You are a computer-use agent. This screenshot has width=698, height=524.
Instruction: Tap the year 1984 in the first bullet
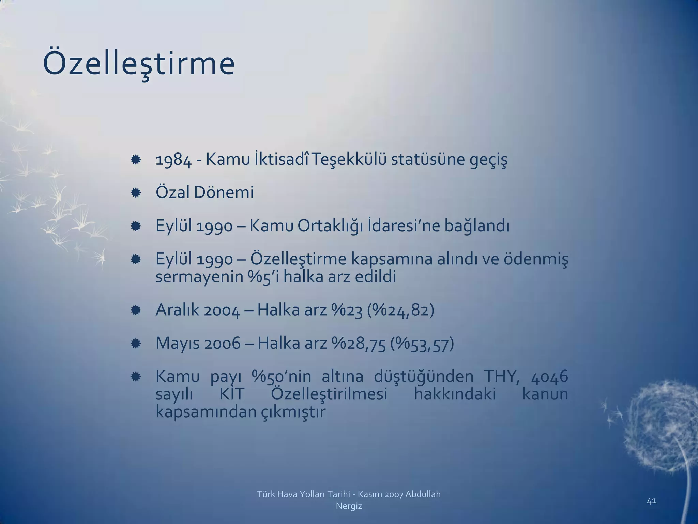tap(173, 160)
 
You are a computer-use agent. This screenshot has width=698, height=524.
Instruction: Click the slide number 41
tap(651, 501)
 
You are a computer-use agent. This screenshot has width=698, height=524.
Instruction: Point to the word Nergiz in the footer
tap(349, 506)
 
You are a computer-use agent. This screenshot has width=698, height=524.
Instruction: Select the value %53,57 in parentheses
tap(422, 344)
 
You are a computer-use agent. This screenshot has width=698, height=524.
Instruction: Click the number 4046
tap(549, 377)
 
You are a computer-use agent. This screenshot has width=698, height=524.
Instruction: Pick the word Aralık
tap(177, 310)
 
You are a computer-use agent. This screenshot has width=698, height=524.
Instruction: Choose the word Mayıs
tap(178, 344)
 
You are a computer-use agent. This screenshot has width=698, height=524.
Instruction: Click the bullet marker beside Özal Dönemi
tap(136, 193)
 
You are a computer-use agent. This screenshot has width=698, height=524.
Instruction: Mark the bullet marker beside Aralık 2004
tap(136, 310)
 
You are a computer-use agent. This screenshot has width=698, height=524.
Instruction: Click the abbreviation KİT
tap(232, 394)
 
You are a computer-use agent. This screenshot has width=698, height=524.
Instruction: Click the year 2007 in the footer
tap(393, 494)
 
